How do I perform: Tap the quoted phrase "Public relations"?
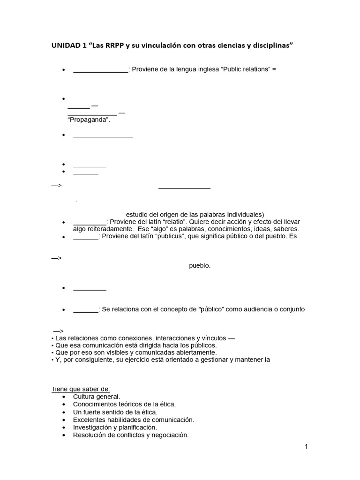(x=245, y=69)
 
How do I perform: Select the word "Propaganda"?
(x=89, y=120)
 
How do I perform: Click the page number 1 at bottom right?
(x=306, y=447)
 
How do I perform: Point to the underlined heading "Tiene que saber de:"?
(x=80, y=389)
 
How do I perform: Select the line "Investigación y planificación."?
(x=115, y=427)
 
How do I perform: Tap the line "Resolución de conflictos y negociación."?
(x=131, y=435)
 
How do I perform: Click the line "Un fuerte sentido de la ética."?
(x=115, y=412)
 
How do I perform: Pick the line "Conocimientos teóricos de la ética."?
(x=124, y=404)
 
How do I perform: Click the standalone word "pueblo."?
(x=200, y=266)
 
